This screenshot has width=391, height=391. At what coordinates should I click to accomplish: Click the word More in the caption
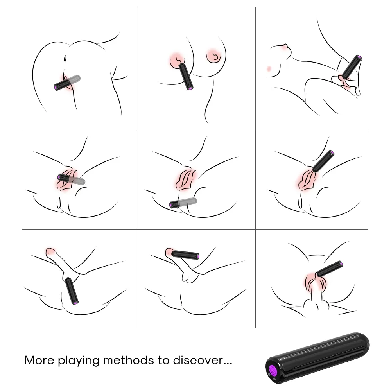point(39,360)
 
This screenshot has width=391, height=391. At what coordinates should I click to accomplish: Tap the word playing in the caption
point(79,361)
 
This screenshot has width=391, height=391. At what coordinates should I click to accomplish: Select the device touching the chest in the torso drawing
point(186,76)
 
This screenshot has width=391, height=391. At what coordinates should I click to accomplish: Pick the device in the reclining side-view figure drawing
point(352,66)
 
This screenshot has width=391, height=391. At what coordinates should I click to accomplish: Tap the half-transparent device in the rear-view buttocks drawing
point(67,83)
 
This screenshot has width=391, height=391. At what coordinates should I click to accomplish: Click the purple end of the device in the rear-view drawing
point(56,88)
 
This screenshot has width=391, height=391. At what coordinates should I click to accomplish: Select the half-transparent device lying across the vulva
point(71,179)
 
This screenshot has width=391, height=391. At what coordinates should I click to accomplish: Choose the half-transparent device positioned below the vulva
point(183,203)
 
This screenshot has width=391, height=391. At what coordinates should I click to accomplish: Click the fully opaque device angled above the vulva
point(323,161)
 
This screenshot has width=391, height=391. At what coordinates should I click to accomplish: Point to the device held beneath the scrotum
point(72,291)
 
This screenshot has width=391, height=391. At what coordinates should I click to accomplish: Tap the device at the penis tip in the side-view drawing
point(185,255)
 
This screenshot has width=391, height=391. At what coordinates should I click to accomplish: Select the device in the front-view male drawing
point(329,269)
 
